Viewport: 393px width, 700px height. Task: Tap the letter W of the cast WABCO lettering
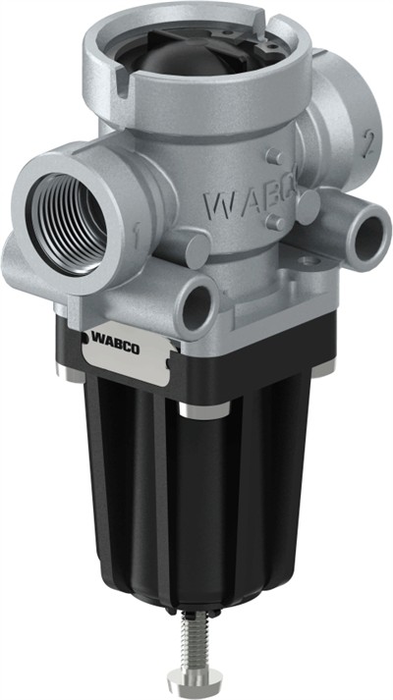point(218,204)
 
